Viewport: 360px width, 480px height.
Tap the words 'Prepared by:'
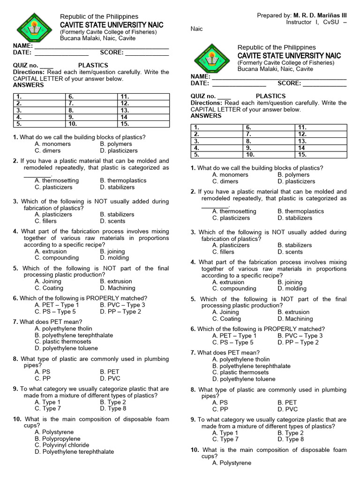[x=274, y=15]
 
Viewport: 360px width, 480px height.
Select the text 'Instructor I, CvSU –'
[x=316, y=22]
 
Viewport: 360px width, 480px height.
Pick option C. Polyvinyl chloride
[x=62, y=445]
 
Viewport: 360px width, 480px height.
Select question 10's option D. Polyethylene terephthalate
[x=74, y=452]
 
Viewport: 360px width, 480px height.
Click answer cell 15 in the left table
[x=142, y=124]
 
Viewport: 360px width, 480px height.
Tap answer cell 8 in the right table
[x=269, y=141]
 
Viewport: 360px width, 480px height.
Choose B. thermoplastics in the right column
[x=300, y=211]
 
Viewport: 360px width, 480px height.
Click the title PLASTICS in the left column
[x=93, y=65]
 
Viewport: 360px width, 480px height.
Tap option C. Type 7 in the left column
[x=48, y=409]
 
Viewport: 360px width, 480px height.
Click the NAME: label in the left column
[x=23, y=46]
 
